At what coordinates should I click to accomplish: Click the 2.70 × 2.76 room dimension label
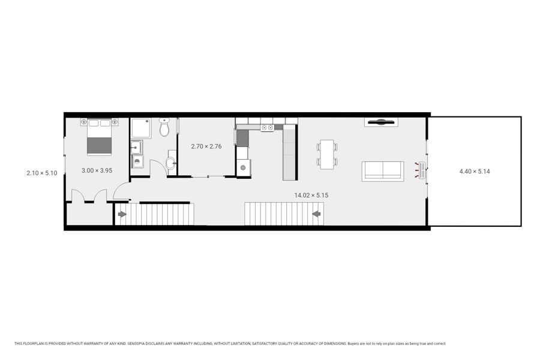pos(206,146)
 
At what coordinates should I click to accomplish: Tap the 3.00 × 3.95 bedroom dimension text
pos(97,170)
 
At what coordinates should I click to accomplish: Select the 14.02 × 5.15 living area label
pos(311,196)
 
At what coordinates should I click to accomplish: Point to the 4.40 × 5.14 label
pos(475,171)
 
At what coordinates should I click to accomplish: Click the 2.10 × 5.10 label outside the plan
pos(41,173)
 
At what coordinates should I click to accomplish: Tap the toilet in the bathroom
pos(164,127)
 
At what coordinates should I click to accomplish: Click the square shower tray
pos(140,128)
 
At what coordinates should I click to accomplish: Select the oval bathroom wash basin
pos(170,163)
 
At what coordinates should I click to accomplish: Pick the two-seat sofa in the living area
pos(383,171)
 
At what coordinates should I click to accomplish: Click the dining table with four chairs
pos(327,155)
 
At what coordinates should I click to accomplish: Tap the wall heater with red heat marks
pos(422,170)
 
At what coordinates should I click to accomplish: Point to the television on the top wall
pos(381,122)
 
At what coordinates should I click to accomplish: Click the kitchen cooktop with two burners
pos(267,128)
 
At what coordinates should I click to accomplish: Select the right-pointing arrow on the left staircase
pos(122,214)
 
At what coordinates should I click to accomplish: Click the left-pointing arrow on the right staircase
pos(316,214)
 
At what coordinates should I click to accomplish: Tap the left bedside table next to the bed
pos(83,122)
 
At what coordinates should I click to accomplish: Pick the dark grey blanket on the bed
pos(99,146)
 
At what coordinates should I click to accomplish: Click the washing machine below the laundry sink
pos(138,161)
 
